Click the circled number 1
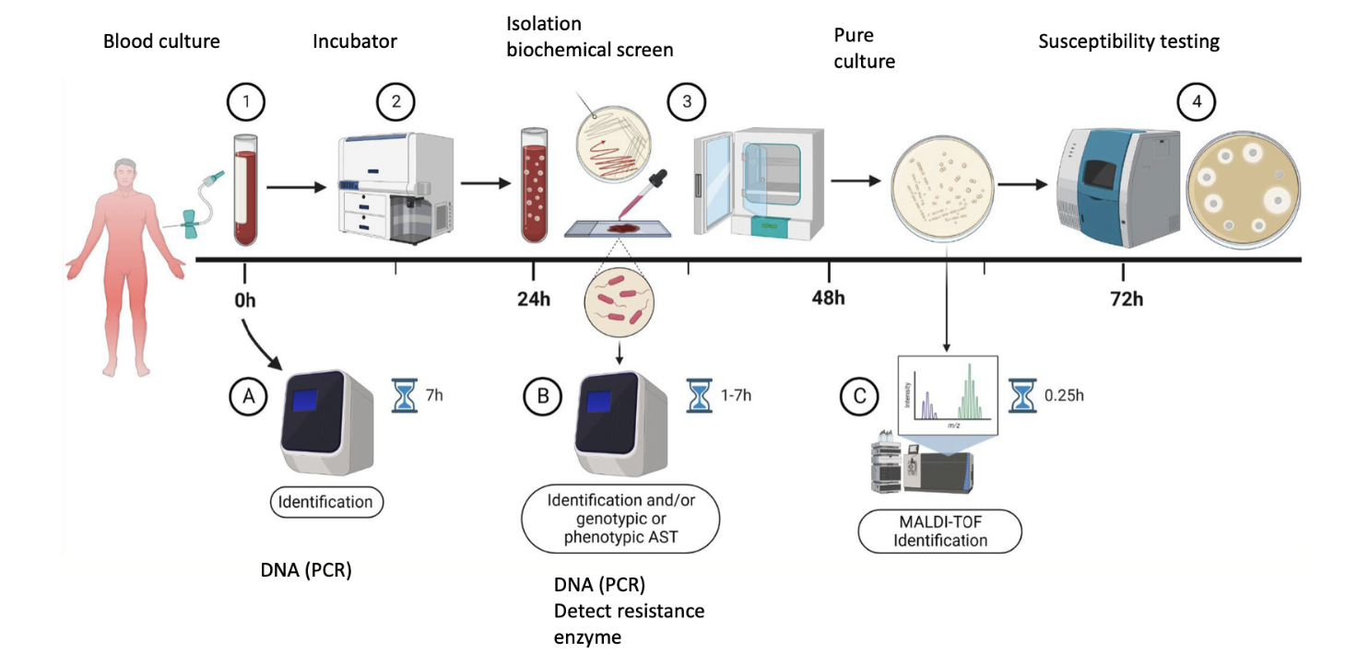(x=244, y=103)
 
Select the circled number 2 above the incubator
(x=396, y=103)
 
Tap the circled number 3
(x=686, y=103)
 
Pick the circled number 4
(x=1198, y=103)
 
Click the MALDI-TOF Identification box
(x=939, y=531)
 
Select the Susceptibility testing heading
(x=1128, y=41)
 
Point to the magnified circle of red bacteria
(x=619, y=305)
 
